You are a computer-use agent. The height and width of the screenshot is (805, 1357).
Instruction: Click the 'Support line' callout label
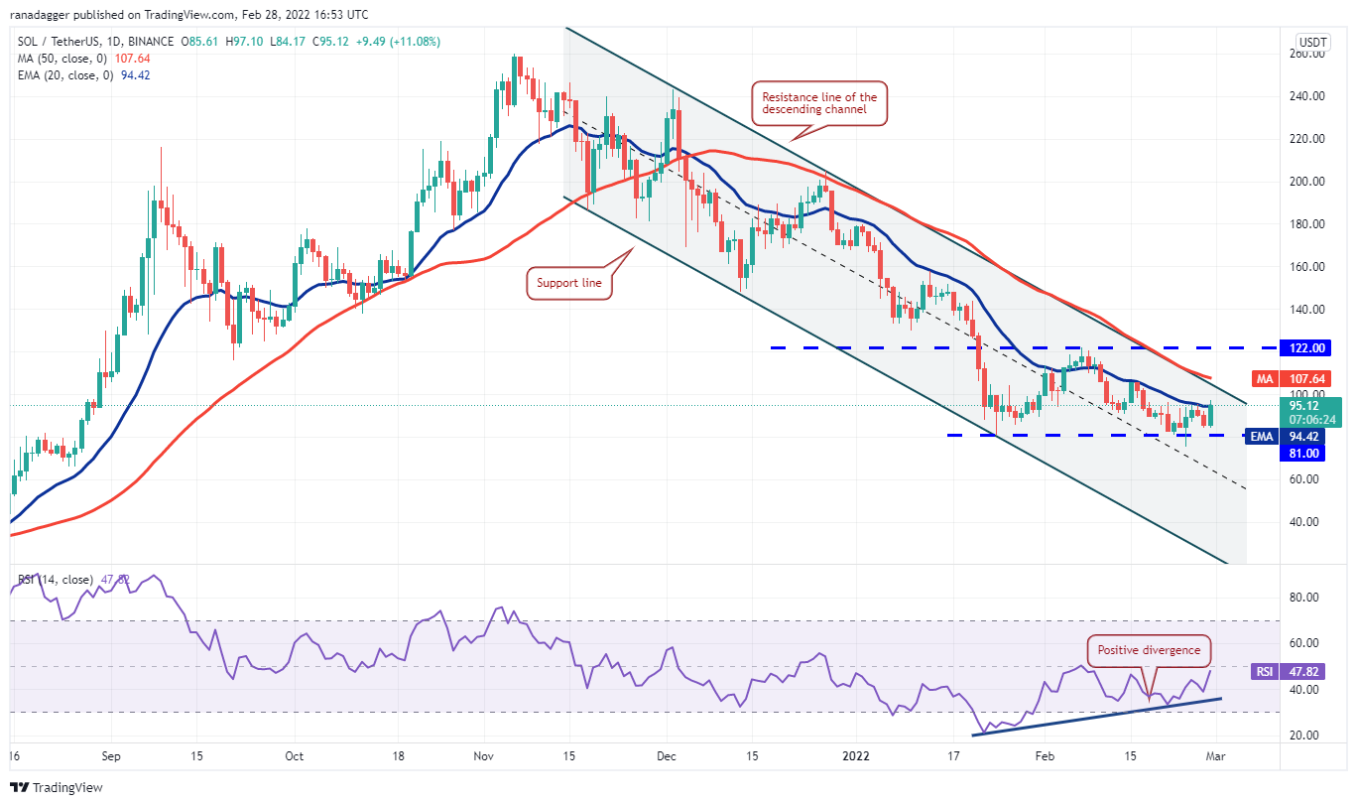569,283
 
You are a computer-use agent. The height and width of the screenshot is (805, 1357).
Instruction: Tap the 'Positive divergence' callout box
1149,650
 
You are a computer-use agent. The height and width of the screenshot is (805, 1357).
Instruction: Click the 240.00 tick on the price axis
1307,96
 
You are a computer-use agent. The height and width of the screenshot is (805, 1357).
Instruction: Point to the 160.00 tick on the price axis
1307,267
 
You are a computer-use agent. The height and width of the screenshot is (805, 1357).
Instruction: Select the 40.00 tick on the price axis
1307,522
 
